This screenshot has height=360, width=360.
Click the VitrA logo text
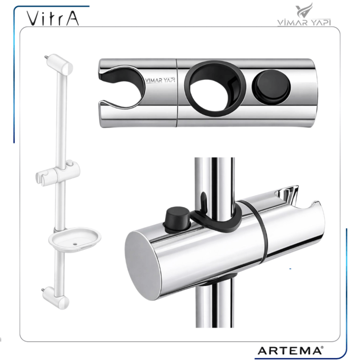53,18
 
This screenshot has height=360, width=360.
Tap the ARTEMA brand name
289,351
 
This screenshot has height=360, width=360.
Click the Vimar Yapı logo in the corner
304,14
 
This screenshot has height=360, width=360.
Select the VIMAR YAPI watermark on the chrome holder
160,80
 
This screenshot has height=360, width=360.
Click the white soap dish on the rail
75,240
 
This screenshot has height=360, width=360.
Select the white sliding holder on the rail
58,173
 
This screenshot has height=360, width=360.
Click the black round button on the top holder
271,87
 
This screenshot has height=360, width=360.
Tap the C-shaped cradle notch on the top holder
122,87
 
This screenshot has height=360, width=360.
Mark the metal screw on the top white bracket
46,57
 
